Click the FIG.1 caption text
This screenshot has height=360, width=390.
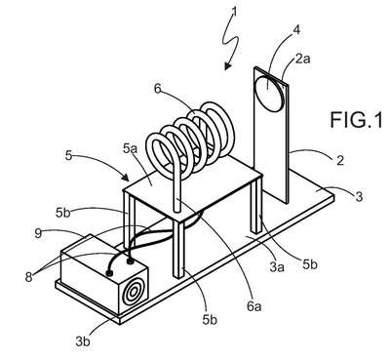356,119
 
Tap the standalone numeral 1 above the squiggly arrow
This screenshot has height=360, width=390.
234,12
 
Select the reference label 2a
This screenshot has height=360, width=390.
303,59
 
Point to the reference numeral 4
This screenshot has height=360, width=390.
295,29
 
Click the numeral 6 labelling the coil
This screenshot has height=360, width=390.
158,89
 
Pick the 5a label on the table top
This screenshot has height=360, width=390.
131,148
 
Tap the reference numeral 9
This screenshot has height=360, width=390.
38,233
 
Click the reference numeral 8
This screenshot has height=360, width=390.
29,277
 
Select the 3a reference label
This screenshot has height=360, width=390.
277,266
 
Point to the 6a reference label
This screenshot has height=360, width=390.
254,306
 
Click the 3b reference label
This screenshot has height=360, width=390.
83,341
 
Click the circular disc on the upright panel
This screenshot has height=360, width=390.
270,94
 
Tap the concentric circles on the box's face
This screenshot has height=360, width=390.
134,293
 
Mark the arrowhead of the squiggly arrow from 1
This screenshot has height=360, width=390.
228,65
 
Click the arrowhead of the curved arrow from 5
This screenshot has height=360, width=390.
126,177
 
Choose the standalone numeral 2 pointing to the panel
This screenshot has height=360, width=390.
340,161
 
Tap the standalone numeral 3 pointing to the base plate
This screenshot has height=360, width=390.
359,196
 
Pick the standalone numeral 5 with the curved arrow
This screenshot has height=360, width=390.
68,155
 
